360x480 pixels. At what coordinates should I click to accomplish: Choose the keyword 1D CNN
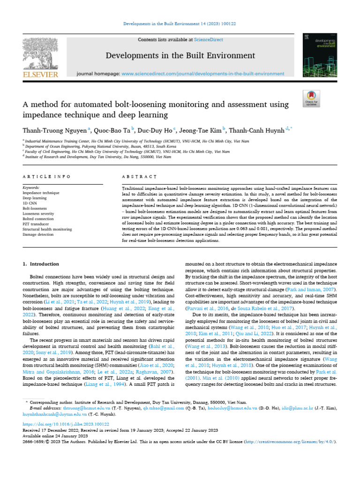pos(30,203)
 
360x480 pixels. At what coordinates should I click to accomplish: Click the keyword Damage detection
pos(38,234)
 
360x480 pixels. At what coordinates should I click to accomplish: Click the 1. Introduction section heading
pos(41,264)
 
